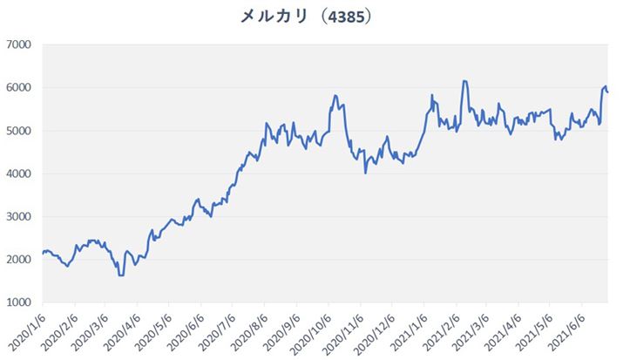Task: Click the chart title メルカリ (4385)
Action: click(x=311, y=16)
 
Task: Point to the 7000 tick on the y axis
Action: click(x=18, y=44)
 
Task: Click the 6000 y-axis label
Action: click(x=18, y=88)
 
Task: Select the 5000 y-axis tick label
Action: click(x=18, y=131)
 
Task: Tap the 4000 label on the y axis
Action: click(x=18, y=173)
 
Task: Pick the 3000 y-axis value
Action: click(x=18, y=217)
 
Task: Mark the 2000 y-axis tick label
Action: click(x=18, y=260)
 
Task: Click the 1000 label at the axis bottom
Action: click(x=18, y=302)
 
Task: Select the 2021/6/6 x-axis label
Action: click(x=566, y=331)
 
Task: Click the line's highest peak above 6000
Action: click(x=464, y=81)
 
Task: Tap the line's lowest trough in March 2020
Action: click(x=121, y=275)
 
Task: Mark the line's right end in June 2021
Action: click(x=607, y=92)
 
